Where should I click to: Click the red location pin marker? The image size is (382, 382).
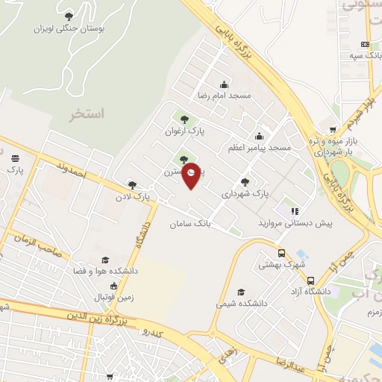point(192,175)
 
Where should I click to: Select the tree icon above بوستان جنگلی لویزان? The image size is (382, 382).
point(69,16)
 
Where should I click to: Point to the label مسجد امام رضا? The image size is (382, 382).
point(225,96)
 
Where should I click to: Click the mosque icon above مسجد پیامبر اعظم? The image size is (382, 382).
point(259,136)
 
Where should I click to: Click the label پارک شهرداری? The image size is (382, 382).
point(245,194)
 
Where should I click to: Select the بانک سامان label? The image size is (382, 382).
point(190,223)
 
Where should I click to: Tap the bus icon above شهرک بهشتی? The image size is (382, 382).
point(281,252)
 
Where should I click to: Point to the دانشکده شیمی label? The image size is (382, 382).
point(237,304)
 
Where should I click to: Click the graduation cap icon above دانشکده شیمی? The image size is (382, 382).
point(240,292)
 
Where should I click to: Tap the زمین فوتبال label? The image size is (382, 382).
point(112,297)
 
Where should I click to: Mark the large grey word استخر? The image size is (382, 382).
point(87,114)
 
